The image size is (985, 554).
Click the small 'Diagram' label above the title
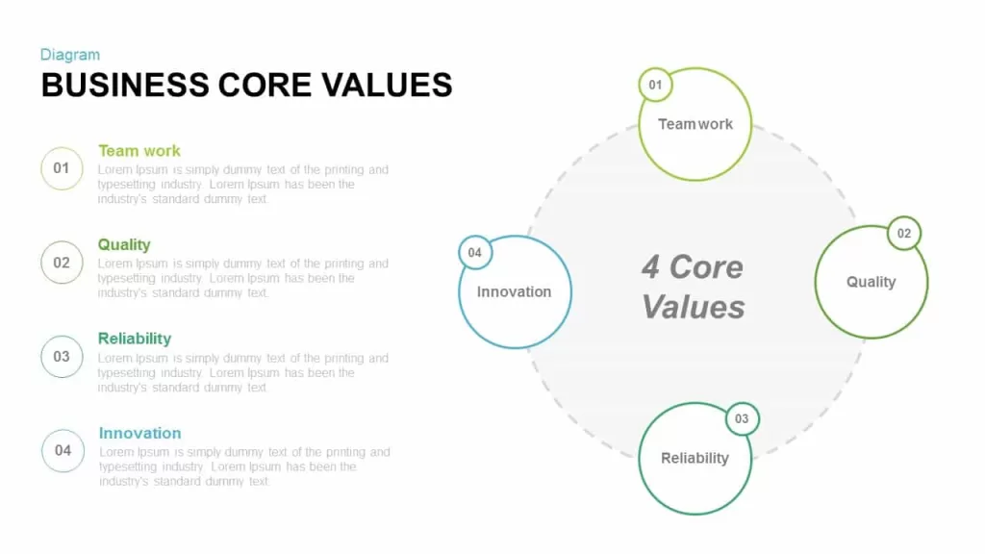[69, 55]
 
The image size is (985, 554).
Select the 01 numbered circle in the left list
[62, 168]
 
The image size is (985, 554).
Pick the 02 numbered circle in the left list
[62, 263]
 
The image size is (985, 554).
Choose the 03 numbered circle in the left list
[62, 357]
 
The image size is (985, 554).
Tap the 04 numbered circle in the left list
[63, 450]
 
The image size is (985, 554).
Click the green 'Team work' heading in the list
[139, 151]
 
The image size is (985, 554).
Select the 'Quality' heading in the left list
[124, 244]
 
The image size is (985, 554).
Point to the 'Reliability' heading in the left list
[135, 339]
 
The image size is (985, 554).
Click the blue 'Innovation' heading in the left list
[140, 433]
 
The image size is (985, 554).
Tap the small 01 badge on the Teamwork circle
[655, 85]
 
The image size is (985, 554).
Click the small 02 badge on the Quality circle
[904, 234]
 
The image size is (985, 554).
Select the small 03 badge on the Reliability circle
[742, 419]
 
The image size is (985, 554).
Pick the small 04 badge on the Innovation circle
[475, 253]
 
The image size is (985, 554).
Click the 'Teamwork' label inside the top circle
[695, 124]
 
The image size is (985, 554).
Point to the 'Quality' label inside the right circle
[871, 282]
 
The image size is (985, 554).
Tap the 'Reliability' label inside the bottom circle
[695, 458]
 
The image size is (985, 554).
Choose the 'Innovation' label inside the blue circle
[514, 291]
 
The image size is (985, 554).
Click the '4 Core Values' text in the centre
[693, 287]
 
